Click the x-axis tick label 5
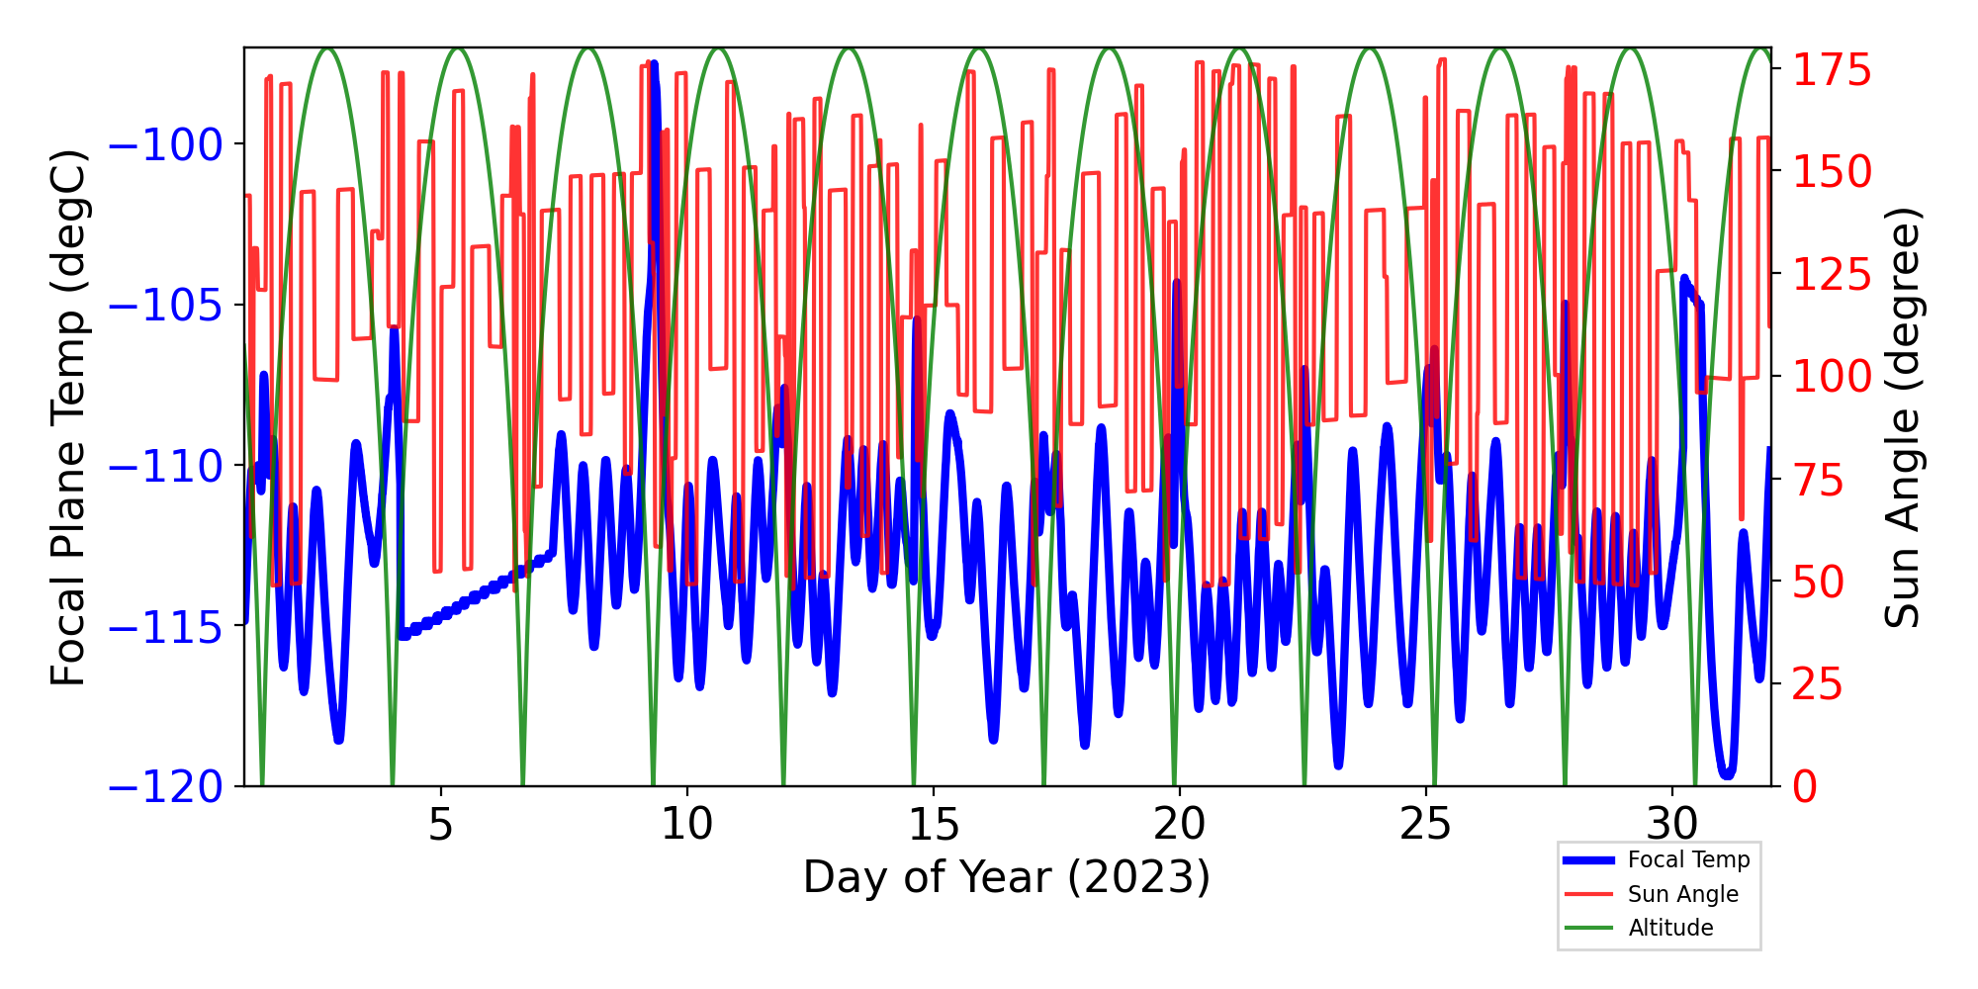440,823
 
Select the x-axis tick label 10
686,823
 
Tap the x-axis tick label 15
933,823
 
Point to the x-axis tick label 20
1179,823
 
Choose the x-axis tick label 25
1425,823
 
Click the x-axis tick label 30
1671,823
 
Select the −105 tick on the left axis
165,306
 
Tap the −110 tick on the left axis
165,466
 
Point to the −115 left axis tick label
165,627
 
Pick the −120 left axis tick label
165,787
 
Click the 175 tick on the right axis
1833,71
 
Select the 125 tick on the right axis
1833,275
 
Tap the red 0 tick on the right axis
1806,787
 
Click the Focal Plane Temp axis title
69,417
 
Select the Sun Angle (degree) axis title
1901,417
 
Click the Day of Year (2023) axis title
1007,877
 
